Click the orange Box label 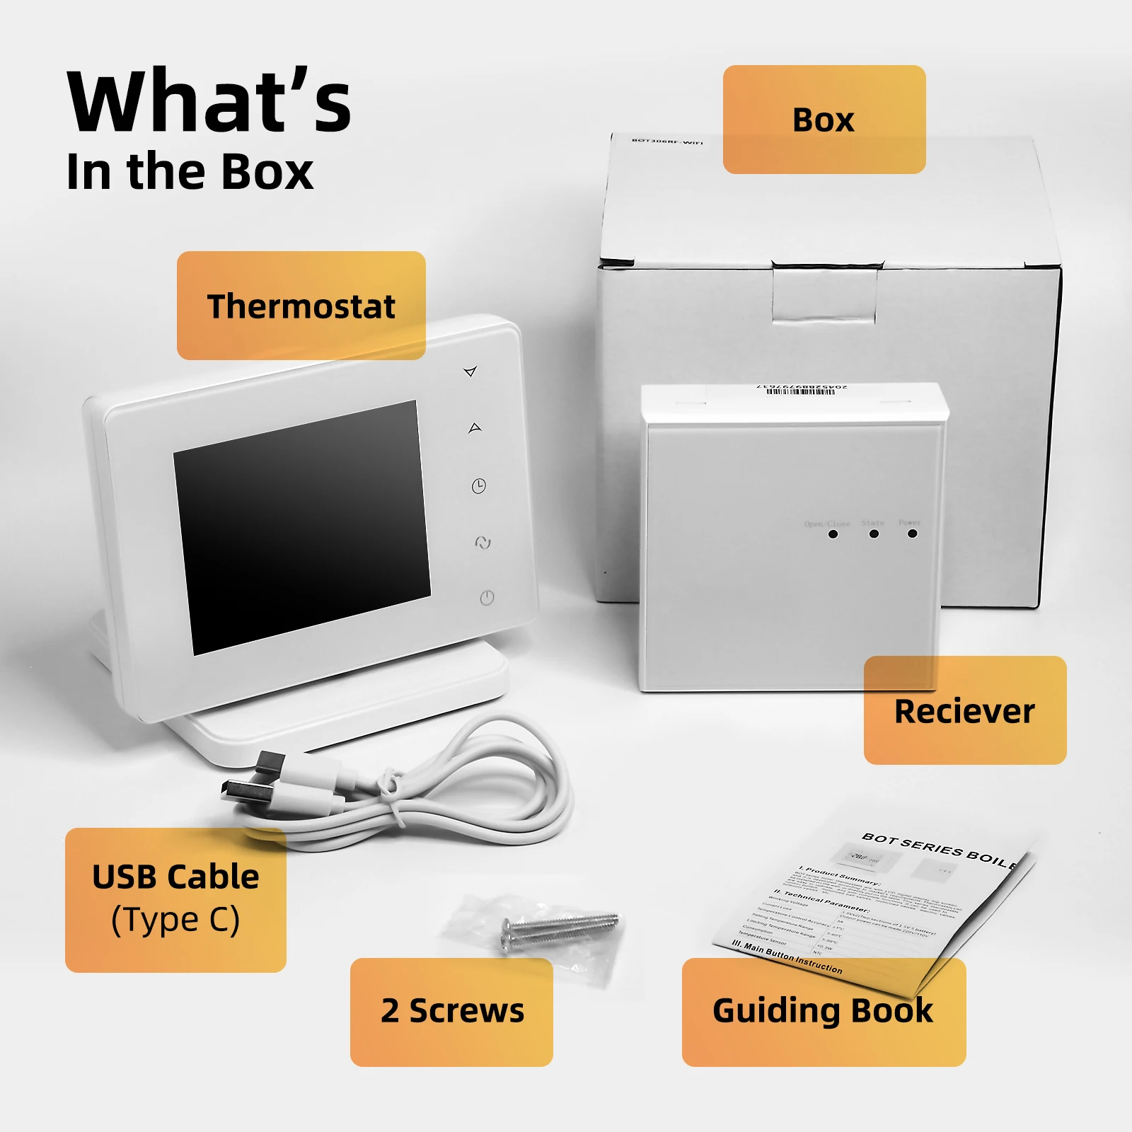click(x=824, y=120)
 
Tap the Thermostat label click(x=301, y=306)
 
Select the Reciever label click(x=964, y=710)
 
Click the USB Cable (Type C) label click(x=175, y=899)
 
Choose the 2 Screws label click(x=451, y=1011)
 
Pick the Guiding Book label click(x=823, y=1011)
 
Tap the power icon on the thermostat click(x=487, y=598)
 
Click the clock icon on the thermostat click(x=479, y=486)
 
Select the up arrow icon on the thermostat click(x=475, y=428)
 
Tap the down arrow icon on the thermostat click(x=470, y=371)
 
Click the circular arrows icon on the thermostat click(x=483, y=543)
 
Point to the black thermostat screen click(x=302, y=527)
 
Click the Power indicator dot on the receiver click(x=913, y=533)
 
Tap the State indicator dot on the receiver click(x=874, y=533)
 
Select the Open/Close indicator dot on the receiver click(x=833, y=533)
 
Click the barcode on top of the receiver click(x=802, y=390)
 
